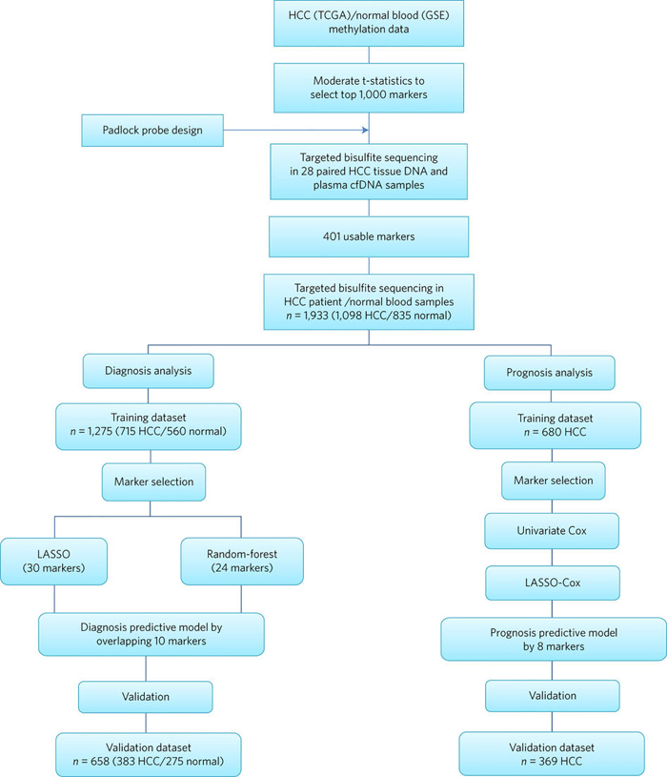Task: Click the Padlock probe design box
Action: [152, 131]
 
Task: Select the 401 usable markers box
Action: [369, 236]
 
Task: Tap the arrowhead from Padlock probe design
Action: [365, 130]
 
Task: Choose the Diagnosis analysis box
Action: [148, 371]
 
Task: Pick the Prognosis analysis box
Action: [549, 373]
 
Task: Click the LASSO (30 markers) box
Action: [53, 561]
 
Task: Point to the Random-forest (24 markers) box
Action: [242, 561]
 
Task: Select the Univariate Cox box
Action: [552, 531]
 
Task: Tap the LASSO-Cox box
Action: [552, 583]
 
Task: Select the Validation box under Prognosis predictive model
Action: [552, 696]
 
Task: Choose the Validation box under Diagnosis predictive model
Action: [146, 697]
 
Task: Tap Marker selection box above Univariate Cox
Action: [553, 481]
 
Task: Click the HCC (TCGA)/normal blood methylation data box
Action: [369, 23]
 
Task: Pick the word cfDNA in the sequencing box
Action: [354, 185]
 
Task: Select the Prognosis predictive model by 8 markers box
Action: [554, 640]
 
